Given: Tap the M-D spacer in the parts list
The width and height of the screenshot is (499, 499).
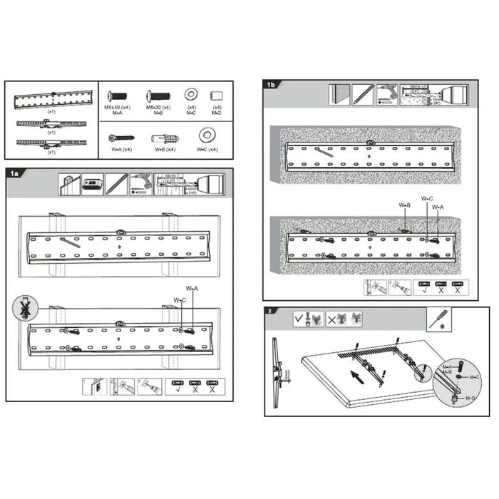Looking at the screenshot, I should (x=217, y=96).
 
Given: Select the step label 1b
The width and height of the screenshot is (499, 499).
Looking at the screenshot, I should (x=271, y=85).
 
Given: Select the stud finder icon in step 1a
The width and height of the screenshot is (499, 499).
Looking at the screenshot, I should (x=93, y=185).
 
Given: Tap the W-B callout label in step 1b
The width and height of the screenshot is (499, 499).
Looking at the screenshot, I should (x=405, y=205).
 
